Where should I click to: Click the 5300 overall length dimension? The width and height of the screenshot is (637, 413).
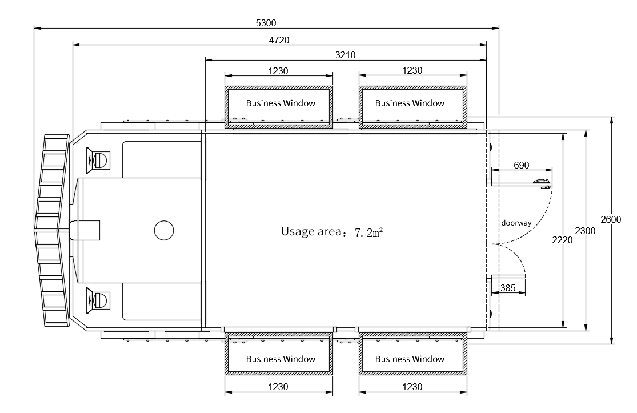point(266,23)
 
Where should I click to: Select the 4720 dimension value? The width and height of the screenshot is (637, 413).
point(279,40)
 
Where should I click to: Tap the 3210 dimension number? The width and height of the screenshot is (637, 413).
point(345,55)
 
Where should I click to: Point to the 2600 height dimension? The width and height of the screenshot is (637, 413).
point(611,220)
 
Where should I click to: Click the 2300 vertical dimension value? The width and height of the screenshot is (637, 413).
point(585,231)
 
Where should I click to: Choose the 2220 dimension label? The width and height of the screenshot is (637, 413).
point(562,240)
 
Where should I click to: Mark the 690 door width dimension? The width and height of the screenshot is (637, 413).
point(521,165)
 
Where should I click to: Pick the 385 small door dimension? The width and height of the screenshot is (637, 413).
point(508,288)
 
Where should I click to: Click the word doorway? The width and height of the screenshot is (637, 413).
point(516,223)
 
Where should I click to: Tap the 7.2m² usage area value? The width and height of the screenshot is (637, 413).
point(369,232)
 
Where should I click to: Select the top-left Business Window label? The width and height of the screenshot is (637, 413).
point(281,103)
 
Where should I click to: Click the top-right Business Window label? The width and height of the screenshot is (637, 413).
point(410,103)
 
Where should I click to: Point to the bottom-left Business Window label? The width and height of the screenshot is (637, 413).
point(281,359)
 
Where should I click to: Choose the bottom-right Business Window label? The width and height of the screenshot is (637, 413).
point(410,359)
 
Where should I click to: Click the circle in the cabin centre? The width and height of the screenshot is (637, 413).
point(164,230)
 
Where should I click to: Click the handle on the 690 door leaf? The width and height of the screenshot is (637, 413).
point(542,182)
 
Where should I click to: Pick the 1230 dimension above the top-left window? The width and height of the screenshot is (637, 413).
point(278,71)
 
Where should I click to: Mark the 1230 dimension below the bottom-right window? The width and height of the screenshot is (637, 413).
point(412,387)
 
